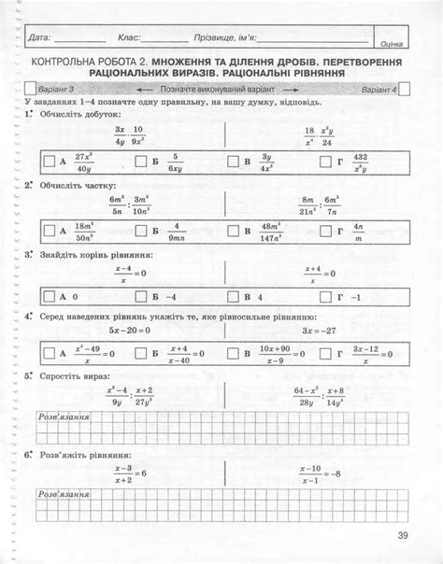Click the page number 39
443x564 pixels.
(402, 534)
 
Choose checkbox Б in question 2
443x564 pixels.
(140, 230)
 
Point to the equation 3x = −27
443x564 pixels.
(319, 330)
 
